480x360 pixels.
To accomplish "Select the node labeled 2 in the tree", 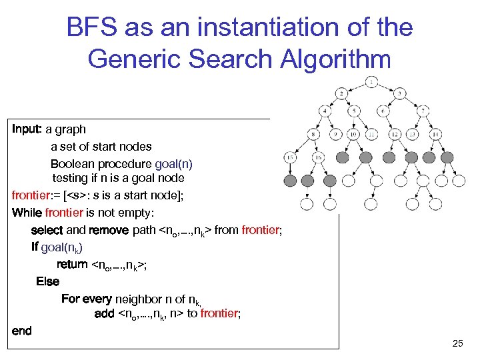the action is pos(341,93).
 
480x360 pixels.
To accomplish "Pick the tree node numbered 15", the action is pos(290,158).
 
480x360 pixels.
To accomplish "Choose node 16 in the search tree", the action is pos(318,158).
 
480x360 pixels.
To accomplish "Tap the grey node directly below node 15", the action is pos(290,180).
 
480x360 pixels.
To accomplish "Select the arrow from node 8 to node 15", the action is pos(302,147).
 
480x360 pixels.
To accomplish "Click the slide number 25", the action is pos(457,343).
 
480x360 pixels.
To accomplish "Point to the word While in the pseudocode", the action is pos(27,213).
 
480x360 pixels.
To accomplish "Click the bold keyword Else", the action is pos(47,281).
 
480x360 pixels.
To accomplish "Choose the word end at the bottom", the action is pos(21,331).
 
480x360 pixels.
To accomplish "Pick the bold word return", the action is pos(72,264).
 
